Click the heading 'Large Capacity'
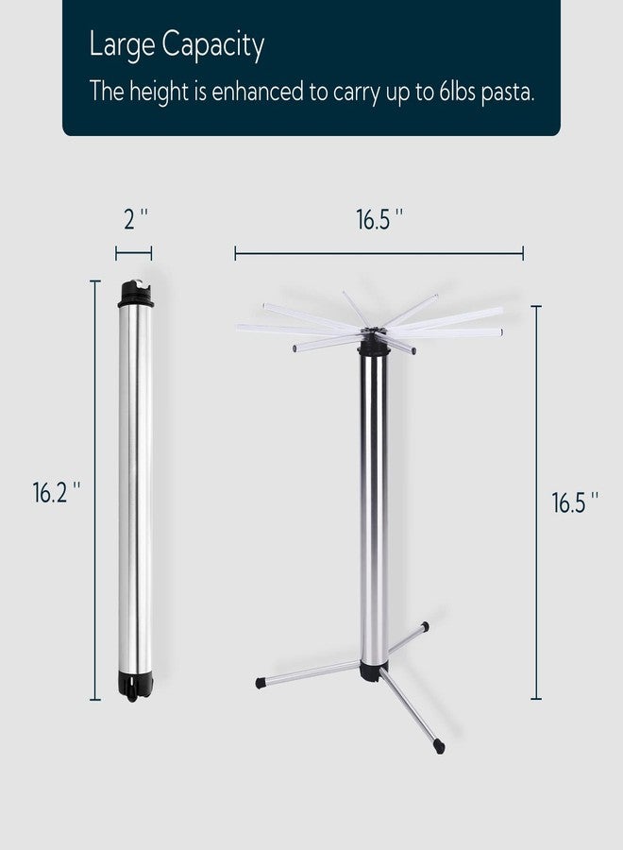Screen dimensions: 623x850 [x=177, y=45]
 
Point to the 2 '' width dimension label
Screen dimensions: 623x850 [x=135, y=219]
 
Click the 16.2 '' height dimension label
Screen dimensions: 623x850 [x=57, y=492]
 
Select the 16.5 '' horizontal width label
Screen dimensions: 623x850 [x=379, y=219]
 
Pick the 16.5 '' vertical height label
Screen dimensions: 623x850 [x=575, y=502]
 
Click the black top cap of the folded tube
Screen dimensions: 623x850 [x=135, y=294]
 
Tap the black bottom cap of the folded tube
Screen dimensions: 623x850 [x=134, y=686]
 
